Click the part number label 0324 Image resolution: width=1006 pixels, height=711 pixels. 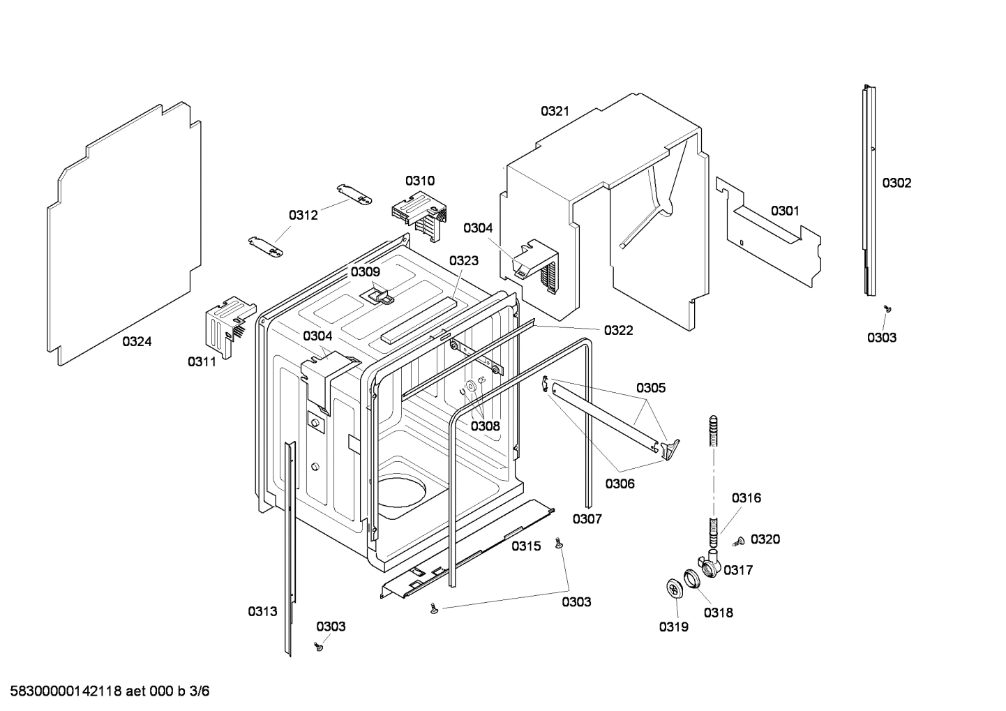pyautogui.click(x=137, y=341)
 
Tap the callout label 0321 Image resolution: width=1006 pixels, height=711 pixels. pyautogui.click(x=555, y=111)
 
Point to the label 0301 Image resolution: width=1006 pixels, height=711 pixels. pyautogui.click(x=785, y=211)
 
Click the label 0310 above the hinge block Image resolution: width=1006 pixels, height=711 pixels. pyautogui.click(x=420, y=181)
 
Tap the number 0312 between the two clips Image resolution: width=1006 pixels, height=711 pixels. pyautogui.click(x=303, y=215)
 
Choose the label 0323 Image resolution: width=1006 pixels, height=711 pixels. pyautogui.click(x=464, y=260)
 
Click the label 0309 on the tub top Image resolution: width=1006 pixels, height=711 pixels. pyautogui.click(x=366, y=272)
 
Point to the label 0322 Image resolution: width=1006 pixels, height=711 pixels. pyautogui.click(x=618, y=330)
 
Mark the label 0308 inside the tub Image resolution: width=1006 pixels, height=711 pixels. pyautogui.click(x=485, y=426)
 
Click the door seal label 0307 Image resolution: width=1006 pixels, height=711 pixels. pyautogui.click(x=587, y=518)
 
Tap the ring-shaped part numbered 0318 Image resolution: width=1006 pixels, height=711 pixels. pyautogui.click(x=691, y=578)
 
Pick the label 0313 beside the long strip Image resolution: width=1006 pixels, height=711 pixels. pyautogui.click(x=262, y=611)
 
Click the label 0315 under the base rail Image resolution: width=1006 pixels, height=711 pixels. pyautogui.click(x=526, y=546)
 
